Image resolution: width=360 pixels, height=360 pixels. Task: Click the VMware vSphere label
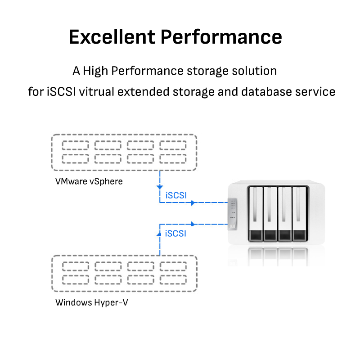tap(89, 181)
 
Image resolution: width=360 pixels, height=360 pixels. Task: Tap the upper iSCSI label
tap(176, 195)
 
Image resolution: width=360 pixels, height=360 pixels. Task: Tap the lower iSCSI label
tap(176, 234)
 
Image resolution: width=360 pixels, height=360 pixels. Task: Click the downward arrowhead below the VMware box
tap(160, 186)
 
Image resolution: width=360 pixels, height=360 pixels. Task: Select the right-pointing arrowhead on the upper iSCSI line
tap(193, 203)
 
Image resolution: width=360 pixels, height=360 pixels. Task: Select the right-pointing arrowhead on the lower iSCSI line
tap(193, 223)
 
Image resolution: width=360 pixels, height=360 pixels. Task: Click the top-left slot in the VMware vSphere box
tap(75, 146)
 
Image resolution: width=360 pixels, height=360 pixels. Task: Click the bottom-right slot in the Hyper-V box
tap(173, 279)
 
